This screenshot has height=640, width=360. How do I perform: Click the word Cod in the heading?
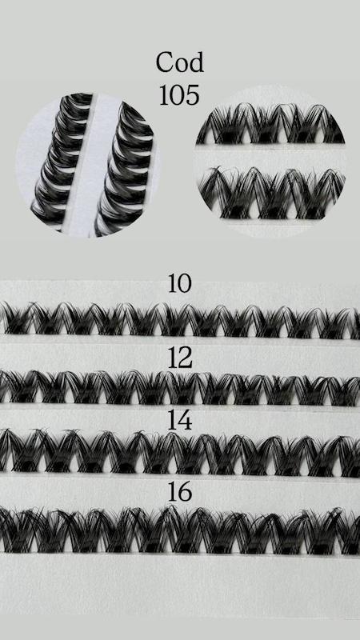tap(179, 62)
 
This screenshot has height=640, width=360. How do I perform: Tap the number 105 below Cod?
tap(179, 95)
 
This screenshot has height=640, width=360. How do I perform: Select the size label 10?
tap(179, 283)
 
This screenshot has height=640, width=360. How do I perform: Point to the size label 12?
tap(180, 358)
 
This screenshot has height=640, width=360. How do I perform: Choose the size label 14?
tap(180, 421)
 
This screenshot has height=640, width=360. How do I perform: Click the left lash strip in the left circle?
tap(62, 159)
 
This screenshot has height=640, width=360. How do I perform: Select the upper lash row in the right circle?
tap(270, 123)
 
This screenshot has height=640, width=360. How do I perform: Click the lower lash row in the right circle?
tap(271, 192)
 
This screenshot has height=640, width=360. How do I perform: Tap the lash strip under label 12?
tap(180, 387)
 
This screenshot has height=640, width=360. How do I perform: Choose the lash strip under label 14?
tap(180, 453)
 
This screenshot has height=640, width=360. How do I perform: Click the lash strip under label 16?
tap(180, 530)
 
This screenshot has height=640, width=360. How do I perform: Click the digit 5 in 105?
tap(193, 95)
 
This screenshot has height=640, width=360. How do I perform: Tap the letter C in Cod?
tap(165, 62)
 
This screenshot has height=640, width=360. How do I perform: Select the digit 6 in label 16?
tap(186, 492)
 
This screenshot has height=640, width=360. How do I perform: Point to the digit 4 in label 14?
tap(186, 421)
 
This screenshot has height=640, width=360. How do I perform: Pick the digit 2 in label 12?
tap(186, 358)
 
